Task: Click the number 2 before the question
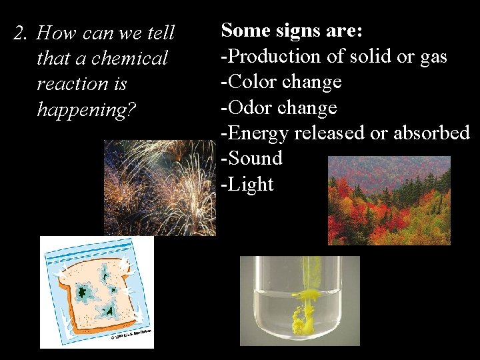19,33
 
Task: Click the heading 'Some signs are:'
291,31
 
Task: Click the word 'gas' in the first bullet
433,57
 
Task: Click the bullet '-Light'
247,183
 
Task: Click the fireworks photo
160,187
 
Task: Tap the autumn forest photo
389,200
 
